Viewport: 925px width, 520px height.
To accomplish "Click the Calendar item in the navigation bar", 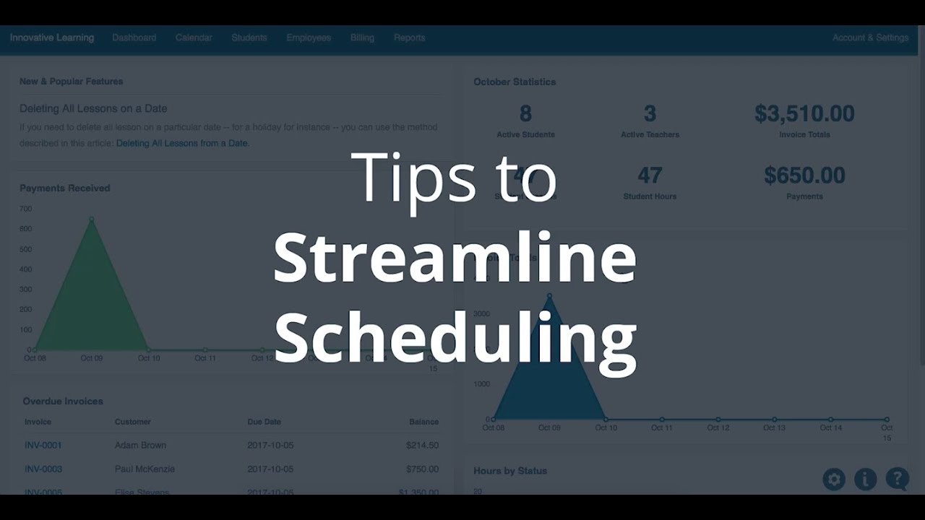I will (193, 38).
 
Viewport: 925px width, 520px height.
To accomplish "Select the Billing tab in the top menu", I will (362, 38).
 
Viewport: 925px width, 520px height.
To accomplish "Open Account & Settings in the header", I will (870, 38).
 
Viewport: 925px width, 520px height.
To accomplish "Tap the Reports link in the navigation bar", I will (409, 38).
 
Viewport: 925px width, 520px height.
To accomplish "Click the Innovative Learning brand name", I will (52, 38).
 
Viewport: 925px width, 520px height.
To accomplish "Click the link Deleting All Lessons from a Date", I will (183, 143).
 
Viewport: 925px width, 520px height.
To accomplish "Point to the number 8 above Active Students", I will (525, 113).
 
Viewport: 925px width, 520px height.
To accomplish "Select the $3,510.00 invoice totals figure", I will (804, 113).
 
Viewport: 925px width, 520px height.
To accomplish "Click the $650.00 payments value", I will (804, 175).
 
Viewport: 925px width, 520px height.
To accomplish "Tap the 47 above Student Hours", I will (650, 175).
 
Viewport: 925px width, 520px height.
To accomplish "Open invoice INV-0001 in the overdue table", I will (43, 445).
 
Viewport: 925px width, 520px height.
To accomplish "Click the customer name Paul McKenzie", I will (145, 469).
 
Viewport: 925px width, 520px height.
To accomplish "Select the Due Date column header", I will (264, 422).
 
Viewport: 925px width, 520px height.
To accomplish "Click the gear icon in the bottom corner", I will (834, 479).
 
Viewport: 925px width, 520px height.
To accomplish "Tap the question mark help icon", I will (898, 478).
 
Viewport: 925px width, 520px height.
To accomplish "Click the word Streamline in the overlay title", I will (455, 259).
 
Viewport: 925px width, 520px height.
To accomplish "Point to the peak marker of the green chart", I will (92, 219).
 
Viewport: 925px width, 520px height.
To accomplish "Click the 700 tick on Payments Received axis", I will (26, 209).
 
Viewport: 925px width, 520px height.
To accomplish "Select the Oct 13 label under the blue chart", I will (774, 428).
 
